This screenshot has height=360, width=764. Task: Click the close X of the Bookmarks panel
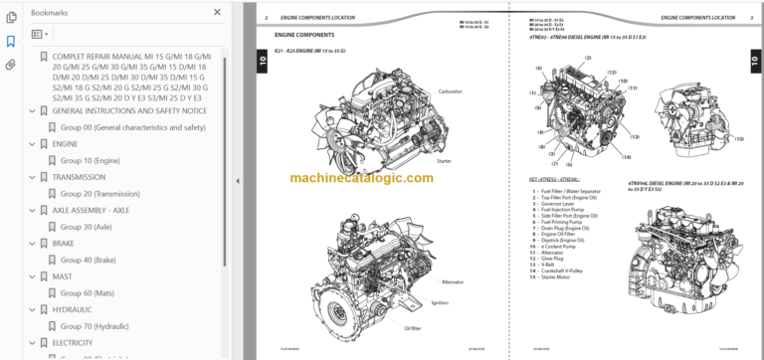point(217,12)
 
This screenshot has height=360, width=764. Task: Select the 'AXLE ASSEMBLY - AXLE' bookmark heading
point(90,210)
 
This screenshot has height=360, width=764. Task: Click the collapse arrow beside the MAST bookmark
point(31,276)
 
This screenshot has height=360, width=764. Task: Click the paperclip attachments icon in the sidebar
point(11,65)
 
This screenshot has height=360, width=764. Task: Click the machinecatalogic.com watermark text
point(362,178)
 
